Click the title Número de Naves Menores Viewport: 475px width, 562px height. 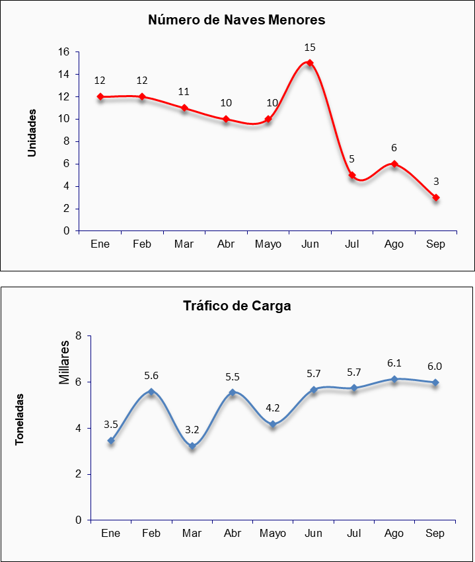click(x=237, y=20)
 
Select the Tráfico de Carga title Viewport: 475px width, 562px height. click(x=237, y=306)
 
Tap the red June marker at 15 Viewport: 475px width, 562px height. click(x=310, y=63)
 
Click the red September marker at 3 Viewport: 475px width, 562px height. click(x=436, y=197)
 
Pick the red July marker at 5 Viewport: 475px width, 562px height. click(x=352, y=175)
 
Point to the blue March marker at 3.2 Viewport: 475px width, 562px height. click(x=192, y=446)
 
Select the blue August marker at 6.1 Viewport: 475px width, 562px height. click(x=394, y=379)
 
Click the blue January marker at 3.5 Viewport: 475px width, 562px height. click(x=111, y=440)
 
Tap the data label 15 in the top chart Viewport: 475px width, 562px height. click(x=310, y=48)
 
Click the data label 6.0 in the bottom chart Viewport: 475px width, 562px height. click(x=435, y=367)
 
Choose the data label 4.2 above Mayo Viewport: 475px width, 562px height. click(x=273, y=407)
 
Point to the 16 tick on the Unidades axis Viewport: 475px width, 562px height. click(x=63, y=52)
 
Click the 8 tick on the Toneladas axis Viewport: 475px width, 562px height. click(x=79, y=336)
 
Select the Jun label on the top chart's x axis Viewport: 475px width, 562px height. click(x=310, y=244)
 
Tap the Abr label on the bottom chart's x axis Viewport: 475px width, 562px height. click(x=233, y=534)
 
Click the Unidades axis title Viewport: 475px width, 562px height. click(x=32, y=133)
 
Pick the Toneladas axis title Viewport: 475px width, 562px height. click(x=20, y=419)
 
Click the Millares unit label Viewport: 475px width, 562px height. click(x=64, y=363)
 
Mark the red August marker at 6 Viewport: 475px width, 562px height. click(x=394, y=164)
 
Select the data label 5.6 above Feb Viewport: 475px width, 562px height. click(x=151, y=376)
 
